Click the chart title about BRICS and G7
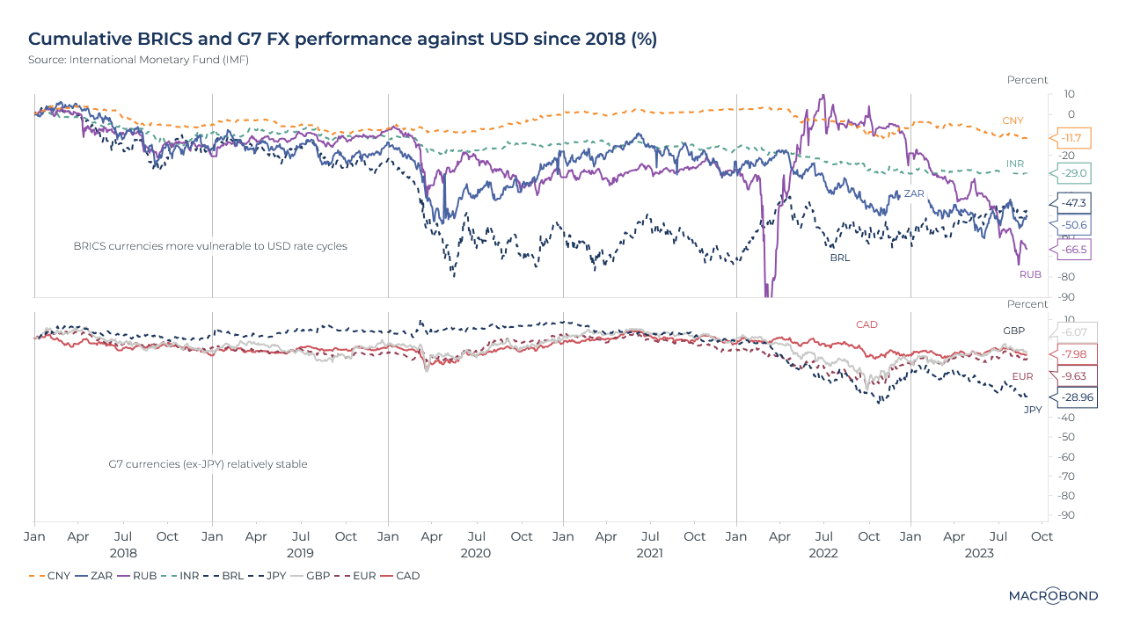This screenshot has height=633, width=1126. [x=343, y=39]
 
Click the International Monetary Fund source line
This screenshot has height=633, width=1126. [x=132, y=60]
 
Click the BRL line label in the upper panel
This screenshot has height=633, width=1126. [x=840, y=258]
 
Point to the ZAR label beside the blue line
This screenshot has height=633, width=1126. [x=912, y=193]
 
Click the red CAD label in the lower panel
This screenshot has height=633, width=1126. [x=866, y=324]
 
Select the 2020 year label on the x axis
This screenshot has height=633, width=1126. [x=475, y=553]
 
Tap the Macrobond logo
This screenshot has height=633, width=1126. [x=1052, y=595]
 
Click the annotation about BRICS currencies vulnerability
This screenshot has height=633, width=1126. [x=210, y=246]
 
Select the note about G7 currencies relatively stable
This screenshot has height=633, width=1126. [x=208, y=463]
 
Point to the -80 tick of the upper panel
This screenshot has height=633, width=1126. [x=1064, y=277]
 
